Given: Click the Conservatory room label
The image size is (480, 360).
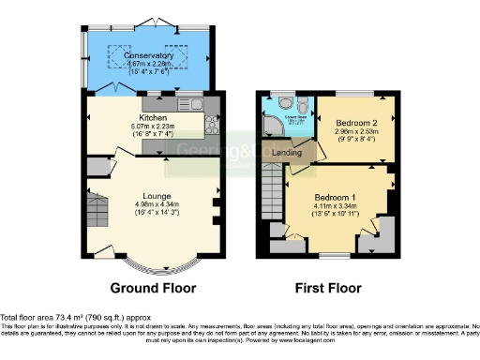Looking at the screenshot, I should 149,55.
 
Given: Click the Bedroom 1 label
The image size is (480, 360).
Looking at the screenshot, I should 335,198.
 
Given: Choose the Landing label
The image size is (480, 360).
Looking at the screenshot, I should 287,153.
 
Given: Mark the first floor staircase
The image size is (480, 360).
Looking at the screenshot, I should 271,198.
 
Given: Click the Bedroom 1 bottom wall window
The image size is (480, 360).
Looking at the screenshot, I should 333,255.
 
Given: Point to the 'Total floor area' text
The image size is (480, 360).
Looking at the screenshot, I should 37,319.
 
